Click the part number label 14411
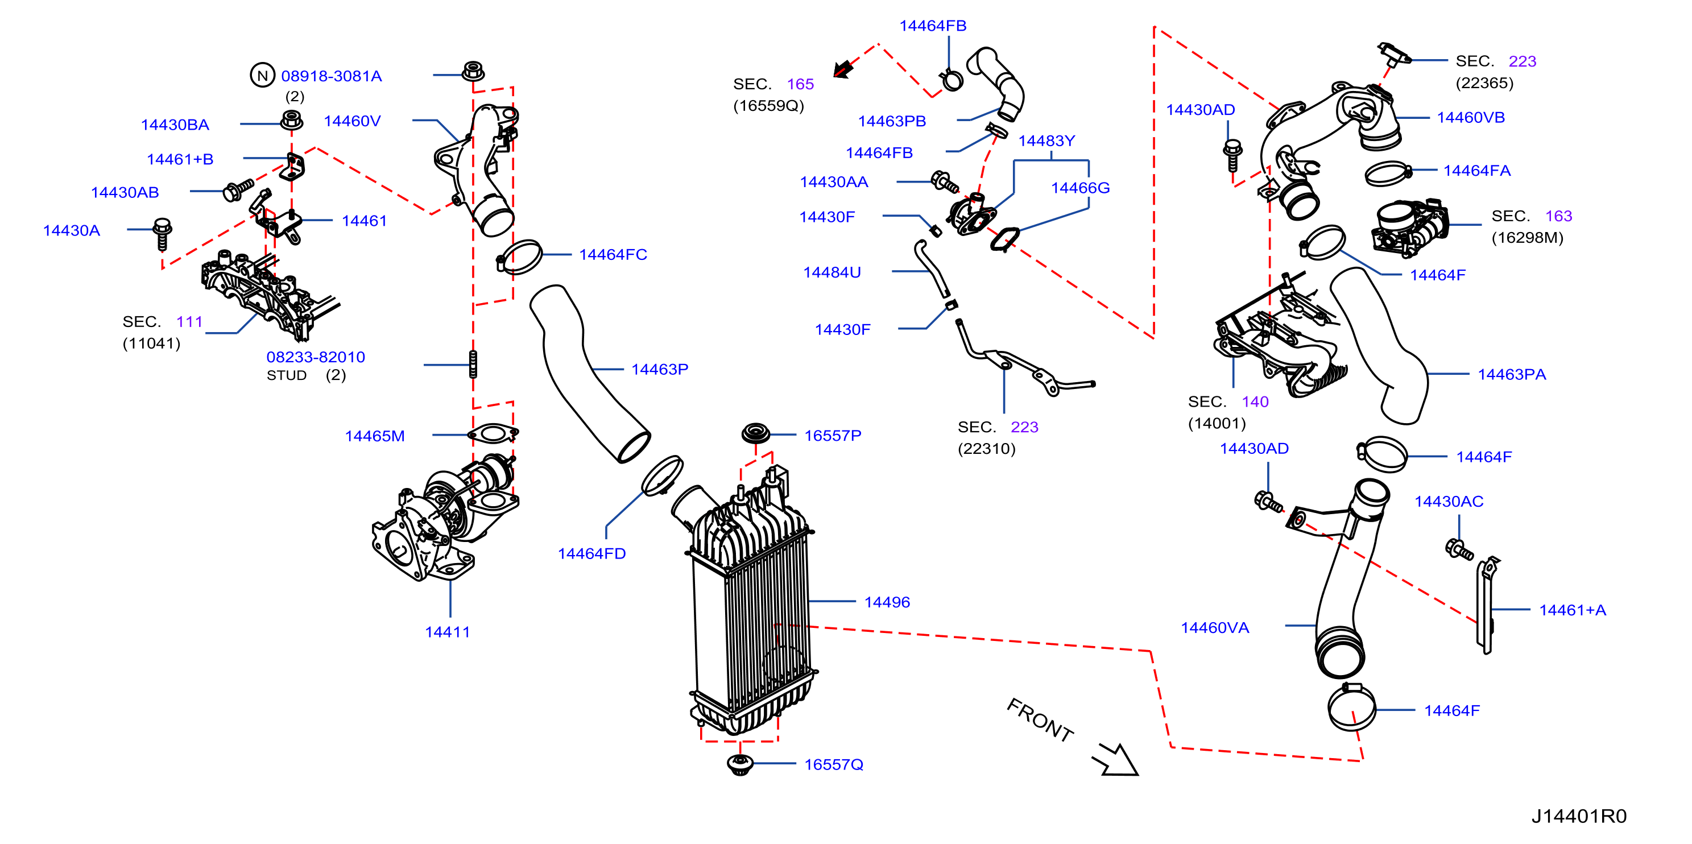tap(447, 632)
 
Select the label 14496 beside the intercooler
tap(887, 602)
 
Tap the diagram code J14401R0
tap(1579, 816)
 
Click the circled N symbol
tap(262, 76)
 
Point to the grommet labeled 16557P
tap(755, 433)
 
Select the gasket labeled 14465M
tap(493, 433)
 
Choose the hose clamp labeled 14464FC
tap(519, 257)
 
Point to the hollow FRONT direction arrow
tap(1116, 760)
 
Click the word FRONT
tap(1040, 720)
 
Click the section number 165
tap(800, 84)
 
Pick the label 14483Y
tap(1046, 140)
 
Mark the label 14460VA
tap(1214, 628)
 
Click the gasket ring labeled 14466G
tap(1005, 239)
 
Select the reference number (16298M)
tap(1527, 238)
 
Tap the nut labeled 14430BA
tap(292, 121)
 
